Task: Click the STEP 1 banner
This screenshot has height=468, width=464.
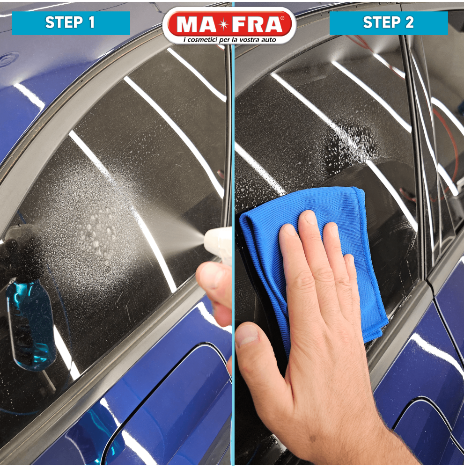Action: (x=71, y=23)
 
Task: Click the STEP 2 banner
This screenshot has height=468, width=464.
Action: (x=389, y=23)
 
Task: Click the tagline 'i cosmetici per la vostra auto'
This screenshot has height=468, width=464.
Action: (x=229, y=40)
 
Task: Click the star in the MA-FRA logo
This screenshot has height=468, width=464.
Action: (x=223, y=24)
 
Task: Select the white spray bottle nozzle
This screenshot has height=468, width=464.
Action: (x=218, y=243)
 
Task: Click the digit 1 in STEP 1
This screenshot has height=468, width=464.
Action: (x=91, y=22)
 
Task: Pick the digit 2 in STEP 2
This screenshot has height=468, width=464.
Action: (x=409, y=22)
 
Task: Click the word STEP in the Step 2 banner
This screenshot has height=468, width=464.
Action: (x=381, y=22)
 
